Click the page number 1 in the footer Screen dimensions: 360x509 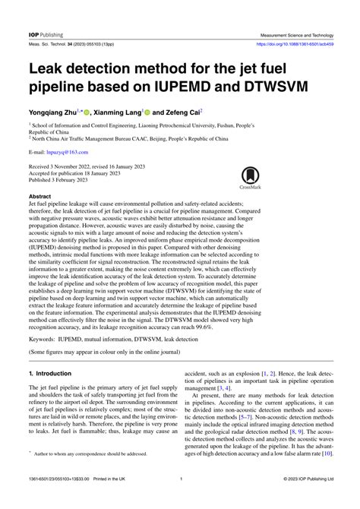pyautogui.click(x=180, y=500)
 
